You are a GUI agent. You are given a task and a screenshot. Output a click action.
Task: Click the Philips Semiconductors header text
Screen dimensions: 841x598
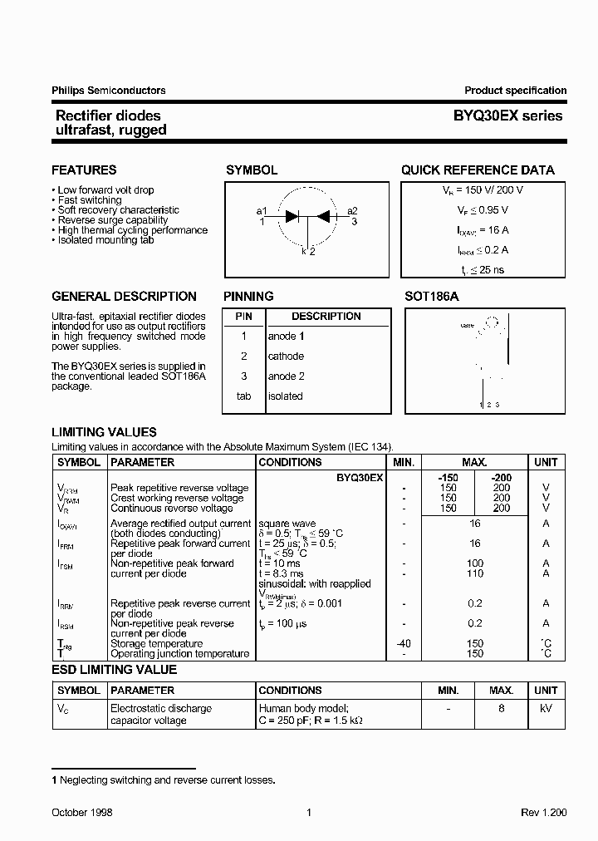click(108, 91)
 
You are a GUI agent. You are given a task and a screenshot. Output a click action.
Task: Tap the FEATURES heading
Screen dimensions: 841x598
click(84, 170)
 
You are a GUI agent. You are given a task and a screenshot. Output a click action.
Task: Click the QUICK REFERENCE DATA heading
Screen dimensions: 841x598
click(478, 170)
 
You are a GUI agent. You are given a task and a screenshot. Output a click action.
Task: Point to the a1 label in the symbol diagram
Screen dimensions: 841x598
click(262, 211)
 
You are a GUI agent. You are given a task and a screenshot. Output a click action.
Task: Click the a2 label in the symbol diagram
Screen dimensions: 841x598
click(352, 211)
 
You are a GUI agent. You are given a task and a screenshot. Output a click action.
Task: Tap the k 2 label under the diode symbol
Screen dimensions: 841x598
click(308, 251)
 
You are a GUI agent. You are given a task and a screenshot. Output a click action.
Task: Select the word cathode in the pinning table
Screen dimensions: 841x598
click(286, 357)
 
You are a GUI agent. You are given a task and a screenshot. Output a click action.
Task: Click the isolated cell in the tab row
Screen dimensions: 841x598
click(285, 396)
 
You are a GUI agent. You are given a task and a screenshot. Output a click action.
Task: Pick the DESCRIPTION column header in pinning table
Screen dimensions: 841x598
click(326, 317)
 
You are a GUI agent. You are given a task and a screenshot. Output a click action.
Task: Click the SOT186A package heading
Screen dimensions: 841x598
click(432, 297)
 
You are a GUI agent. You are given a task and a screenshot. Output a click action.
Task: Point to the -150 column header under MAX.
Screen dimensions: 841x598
click(448, 478)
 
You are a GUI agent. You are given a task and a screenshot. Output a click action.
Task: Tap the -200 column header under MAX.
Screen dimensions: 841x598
click(501, 478)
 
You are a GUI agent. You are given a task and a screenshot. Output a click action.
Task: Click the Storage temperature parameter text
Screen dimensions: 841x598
click(156, 643)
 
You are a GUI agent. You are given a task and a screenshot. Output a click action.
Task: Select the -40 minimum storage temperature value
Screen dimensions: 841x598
click(403, 643)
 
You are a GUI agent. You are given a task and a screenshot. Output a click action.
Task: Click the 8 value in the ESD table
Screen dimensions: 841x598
click(501, 709)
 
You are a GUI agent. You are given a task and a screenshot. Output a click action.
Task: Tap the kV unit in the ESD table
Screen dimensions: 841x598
click(546, 709)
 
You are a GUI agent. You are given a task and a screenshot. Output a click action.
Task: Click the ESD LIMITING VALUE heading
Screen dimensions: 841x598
click(114, 670)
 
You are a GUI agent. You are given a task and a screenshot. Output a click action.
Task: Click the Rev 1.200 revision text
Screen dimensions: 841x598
click(542, 813)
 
